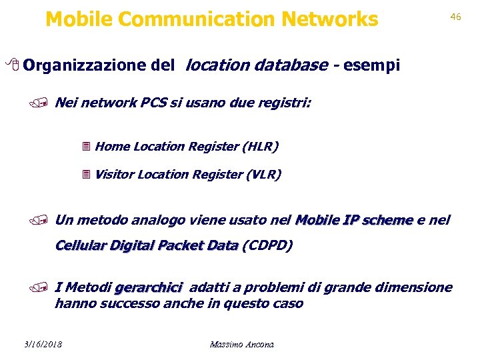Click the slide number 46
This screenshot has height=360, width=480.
tap(456, 16)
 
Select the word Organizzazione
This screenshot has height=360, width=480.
tap(83, 65)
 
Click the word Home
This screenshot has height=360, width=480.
tap(113, 146)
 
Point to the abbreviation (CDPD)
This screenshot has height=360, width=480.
tap(267, 245)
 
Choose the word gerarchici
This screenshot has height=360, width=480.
tap(148, 288)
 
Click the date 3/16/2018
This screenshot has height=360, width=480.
tap(41, 344)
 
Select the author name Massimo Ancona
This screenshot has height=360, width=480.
tap(241, 344)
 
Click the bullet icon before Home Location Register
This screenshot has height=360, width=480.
tap(85, 147)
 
